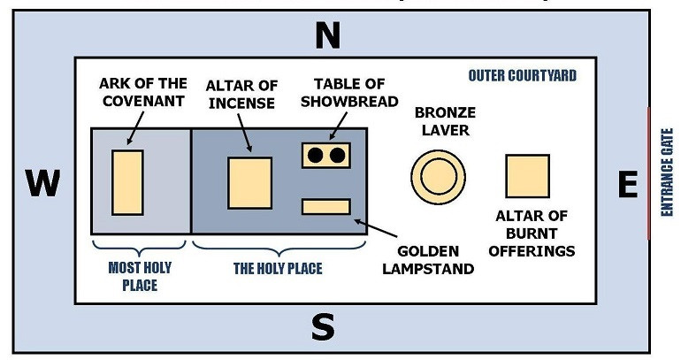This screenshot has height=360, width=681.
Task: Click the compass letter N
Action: [328, 36]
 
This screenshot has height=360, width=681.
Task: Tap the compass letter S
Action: [323, 327]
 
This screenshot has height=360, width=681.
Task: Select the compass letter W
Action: [42, 184]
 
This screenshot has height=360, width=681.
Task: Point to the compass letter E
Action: [627, 185]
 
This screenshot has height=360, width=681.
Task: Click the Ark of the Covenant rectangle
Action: [127, 182]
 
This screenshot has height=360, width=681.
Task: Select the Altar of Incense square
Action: [249, 182]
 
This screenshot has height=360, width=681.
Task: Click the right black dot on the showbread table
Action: [337, 155]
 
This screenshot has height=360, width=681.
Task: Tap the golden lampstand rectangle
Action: [326, 206]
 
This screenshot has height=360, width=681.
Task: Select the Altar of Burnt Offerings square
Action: [527, 176]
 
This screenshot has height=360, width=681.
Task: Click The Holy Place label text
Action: [278, 268]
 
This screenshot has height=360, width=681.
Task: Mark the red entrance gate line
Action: [649, 173]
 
